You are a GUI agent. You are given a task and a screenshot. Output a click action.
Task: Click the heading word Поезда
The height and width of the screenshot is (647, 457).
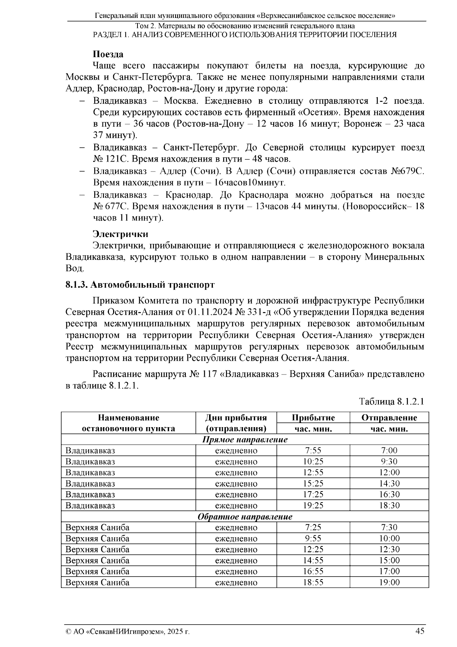[x=108, y=54]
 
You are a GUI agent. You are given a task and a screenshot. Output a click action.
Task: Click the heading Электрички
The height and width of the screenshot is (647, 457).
[x=121, y=234]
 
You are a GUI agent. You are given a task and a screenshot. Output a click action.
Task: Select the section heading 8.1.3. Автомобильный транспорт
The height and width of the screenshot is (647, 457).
[x=140, y=285]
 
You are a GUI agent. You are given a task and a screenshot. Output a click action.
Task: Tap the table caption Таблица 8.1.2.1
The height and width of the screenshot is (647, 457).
[x=391, y=402]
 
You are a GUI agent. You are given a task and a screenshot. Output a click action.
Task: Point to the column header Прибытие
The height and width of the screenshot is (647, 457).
[x=313, y=418]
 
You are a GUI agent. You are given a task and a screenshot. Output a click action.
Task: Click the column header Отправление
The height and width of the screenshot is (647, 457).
[x=389, y=418]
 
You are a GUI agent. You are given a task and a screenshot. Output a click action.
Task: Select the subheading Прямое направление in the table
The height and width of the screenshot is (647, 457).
[x=244, y=440]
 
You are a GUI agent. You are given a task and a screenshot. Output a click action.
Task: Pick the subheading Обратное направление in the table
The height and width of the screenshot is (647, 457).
[x=244, y=517]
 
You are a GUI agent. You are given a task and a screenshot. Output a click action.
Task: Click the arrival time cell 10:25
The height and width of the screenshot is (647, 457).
[x=313, y=462]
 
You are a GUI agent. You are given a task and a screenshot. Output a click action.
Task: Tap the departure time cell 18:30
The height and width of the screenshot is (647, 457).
[x=389, y=506]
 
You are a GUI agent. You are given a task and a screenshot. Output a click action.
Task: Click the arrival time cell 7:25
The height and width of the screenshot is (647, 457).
[x=313, y=528]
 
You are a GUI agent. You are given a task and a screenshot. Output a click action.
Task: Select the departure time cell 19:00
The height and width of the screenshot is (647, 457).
[x=389, y=583]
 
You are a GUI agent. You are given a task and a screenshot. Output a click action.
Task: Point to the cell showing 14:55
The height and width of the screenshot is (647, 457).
[x=313, y=561]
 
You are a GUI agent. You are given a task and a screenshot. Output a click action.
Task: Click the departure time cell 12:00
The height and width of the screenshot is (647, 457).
[x=389, y=473]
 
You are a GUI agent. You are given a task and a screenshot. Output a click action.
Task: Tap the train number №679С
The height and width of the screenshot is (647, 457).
[x=407, y=171]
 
